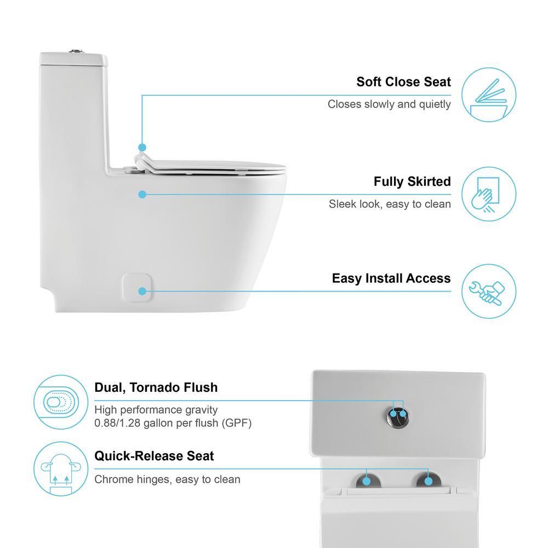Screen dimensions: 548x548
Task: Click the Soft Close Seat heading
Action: tap(403, 82)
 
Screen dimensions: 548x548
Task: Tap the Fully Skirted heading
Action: tap(412, 181)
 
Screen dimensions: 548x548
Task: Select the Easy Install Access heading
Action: tap(391, 278)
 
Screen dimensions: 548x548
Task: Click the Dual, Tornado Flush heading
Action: tap(156, 387)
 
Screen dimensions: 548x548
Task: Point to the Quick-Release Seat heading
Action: tap(154, 456)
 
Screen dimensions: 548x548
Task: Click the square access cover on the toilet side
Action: tap(136, 288)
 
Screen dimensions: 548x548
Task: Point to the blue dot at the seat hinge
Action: tap(142, 147)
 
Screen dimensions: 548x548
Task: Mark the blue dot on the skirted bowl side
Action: tap(142, 194)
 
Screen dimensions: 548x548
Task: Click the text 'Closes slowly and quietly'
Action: tap(389, 104)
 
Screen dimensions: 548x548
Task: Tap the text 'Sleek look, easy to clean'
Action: tap(390, 204)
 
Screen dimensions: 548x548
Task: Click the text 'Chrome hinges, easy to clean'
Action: tap(167, 480)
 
